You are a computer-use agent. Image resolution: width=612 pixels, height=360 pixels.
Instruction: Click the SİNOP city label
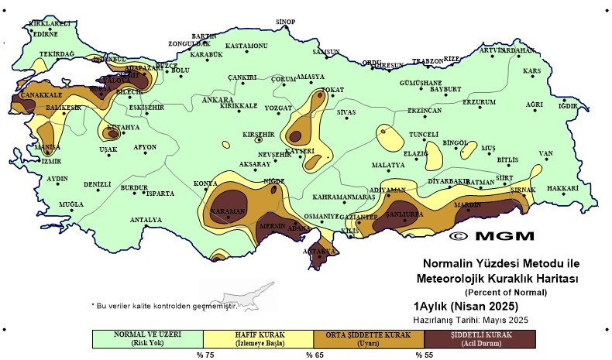pyautogui.click(x=286, y=21)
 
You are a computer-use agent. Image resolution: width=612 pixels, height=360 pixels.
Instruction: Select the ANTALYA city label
pyautogui.click(x=146, y=220)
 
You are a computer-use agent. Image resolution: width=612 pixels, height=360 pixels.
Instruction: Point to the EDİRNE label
pyautogui.click(x=45, y=34)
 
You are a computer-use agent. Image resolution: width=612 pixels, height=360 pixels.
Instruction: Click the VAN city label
pyautogui.click(x=546, y=153)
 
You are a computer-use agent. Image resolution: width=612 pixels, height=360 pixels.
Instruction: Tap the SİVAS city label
pyautogui.click(x=347, y=112)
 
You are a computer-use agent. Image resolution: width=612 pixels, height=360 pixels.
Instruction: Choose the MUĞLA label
pyautogui.click(x=71, y=204)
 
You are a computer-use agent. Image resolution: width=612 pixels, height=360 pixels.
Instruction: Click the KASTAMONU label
pyautogui.click(x=246, y=46)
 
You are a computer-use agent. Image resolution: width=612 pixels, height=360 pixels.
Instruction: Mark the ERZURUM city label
pyautogui.click(x=479, y=102)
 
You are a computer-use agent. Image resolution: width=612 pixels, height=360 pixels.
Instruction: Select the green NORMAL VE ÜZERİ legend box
pyautogui.click(x=147, y=338)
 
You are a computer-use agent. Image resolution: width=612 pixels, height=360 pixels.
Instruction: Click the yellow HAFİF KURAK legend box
pyautogui.click(x=258, y=338)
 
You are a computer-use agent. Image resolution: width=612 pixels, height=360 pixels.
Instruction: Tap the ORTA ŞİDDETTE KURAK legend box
pyautogui.click(x=369, y=338)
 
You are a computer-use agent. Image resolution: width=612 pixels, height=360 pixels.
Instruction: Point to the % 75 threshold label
pyautogui.click(x=205, y=355)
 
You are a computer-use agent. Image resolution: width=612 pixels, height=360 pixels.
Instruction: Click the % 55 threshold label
pyautogui.click(x=425, y=355)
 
